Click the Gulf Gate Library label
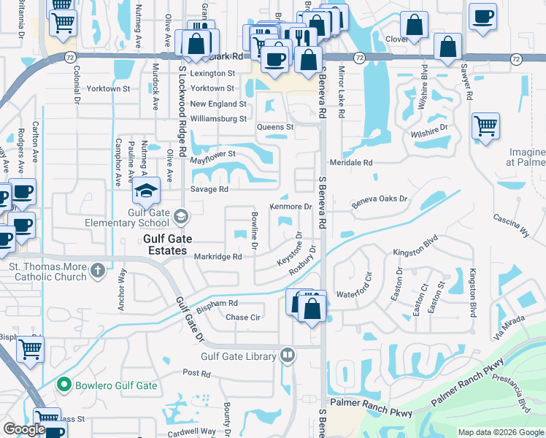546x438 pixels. [x=239, y=356]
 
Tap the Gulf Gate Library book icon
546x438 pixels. [x=288, y=356]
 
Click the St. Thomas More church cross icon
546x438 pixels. [x=98, y=272]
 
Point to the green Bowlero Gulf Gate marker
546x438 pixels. [x=64, y=385]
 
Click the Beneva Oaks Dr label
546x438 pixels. [x=380, y=199]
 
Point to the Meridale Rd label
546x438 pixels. [x=351, y=163]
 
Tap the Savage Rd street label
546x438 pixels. [x=210, y=190]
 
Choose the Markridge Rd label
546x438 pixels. [x=218, y=256]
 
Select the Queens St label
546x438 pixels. [x=274, y=127]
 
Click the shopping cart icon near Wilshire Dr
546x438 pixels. [x=485, y=126]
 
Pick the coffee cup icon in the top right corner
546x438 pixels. [x=483, y=15]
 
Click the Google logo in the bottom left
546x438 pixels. [x=24, y=429]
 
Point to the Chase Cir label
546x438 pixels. [x=243, y=317]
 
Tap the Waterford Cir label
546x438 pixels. [x=354, y=294]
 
